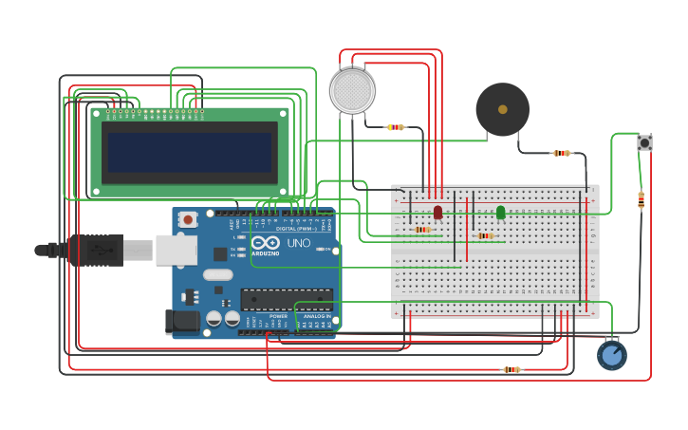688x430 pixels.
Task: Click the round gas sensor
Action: pos(352,91)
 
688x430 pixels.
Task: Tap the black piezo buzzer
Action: pos(502,109)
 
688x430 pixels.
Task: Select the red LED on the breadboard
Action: pos(437,212)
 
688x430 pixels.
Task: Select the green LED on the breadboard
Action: pos(501,212)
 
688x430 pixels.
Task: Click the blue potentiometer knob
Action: pos(612,355)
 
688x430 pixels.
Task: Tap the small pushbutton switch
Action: pos(644,142)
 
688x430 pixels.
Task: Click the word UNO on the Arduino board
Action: pos(299,243)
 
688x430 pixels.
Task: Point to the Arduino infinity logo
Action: pos(265,243)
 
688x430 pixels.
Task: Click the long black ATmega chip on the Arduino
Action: pos(287,299)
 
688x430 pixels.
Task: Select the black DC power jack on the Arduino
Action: pos(182,322)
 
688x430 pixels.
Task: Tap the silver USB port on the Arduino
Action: pos(177,250)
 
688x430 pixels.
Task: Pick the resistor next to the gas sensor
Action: pos(396,127)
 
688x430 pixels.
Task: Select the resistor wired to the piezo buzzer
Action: pos(562,153)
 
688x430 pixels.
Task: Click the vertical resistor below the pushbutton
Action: pos(641,200)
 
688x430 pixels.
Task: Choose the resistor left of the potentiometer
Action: pos(511,369)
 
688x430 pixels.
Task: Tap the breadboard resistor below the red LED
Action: pos(423,230)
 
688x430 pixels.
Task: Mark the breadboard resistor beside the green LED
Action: pos(486,235)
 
